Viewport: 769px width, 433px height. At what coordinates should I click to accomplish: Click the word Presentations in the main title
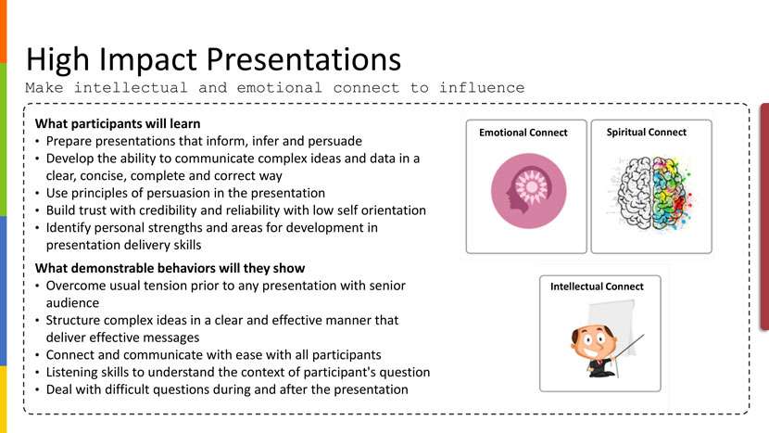coord(304,59)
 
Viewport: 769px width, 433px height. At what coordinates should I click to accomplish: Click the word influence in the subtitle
coord(482,88)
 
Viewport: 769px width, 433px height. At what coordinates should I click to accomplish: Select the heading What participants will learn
coord(118,123)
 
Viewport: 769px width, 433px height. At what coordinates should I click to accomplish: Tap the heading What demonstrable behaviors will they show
coord(170,268)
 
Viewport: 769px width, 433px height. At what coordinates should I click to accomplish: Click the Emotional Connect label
coord(523,133)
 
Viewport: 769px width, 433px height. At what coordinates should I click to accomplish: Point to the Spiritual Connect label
coord(647,132)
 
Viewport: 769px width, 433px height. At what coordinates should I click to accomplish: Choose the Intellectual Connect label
coord(597,287)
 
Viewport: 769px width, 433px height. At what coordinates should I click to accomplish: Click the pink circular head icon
coord(529,191)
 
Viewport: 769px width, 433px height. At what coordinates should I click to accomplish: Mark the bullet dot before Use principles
coord(38,194)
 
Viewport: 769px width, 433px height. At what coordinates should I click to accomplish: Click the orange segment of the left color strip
coord(4,32)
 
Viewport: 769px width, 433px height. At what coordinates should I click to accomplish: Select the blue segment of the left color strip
coord(4,291)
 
